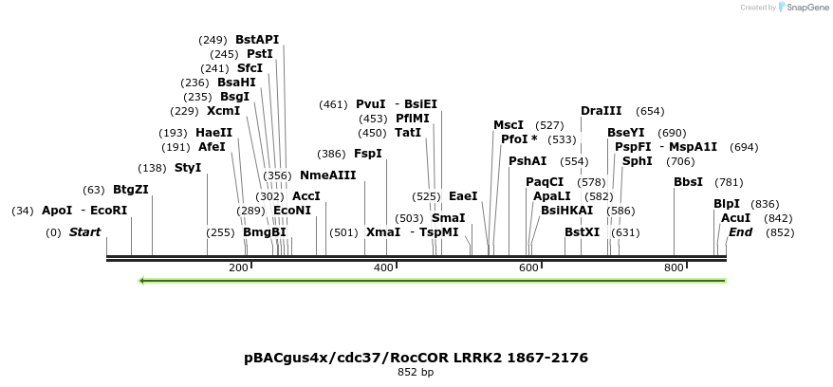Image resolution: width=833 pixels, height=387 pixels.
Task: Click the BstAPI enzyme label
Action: [x=257, y=40]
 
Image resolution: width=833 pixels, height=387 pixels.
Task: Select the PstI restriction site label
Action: [x=260, y=54]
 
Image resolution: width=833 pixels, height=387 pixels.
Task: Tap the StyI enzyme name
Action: [x=188, y=168]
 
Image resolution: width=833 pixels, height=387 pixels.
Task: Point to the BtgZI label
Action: [x=131, y=190]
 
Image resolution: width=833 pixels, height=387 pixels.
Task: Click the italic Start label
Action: [x=84, y=232]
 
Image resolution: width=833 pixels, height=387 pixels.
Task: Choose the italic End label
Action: [x=741, y=232]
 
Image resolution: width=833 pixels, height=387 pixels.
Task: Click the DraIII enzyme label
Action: [x=602, y=111]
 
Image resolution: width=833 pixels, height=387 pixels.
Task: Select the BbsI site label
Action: [x=688, y=182]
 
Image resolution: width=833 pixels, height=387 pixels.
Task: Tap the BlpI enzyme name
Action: [x=727, y=204]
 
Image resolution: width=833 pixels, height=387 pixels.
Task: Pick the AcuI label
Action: [x=736, y=218]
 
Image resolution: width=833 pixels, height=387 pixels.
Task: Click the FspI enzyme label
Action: [x=368, y=154]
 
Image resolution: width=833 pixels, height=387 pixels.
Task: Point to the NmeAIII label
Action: [x=327, y=175]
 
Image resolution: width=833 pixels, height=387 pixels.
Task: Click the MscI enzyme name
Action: [x=509, y=125]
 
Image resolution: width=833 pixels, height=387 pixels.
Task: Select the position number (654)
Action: [x=650, y=111]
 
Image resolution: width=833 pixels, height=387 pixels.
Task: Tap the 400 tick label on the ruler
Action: [x=383, y=268]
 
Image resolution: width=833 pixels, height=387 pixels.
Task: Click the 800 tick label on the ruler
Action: [x=674, y=268]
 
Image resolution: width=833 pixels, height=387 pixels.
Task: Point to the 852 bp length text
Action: [x=416, y=373]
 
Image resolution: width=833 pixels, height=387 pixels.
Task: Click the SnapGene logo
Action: [x=805, y=8]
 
